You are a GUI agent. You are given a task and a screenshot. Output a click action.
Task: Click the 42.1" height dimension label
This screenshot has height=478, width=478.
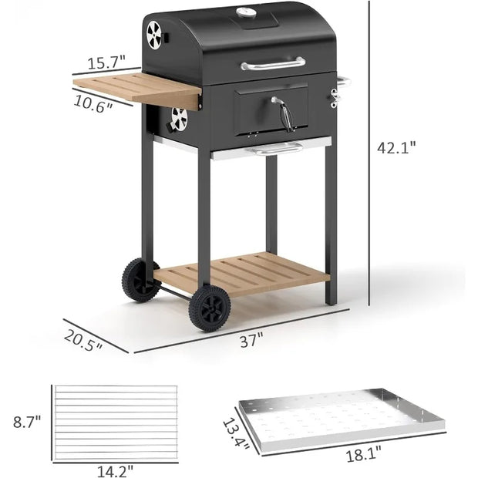point(396,148)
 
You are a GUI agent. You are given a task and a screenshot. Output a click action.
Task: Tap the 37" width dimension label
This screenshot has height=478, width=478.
point(251,340)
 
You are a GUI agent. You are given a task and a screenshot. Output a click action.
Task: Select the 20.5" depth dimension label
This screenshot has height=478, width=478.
point(83,341)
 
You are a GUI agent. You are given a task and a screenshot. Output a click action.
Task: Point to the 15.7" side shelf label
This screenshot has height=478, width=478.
point(106,62)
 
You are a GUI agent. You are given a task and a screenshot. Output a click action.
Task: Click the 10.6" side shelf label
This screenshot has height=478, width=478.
point(93,104)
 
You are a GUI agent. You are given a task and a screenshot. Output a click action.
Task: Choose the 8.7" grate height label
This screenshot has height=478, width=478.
point(27,422)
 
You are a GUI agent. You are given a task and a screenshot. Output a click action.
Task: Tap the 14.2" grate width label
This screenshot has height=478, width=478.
point(115,471)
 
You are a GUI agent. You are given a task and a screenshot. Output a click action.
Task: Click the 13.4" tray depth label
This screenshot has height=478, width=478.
point(236,433)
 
